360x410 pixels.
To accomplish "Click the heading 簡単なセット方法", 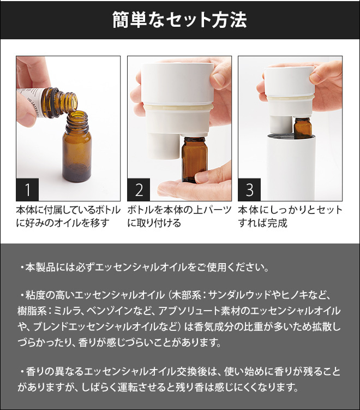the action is pos(180,20).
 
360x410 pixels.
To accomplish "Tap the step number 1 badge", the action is pos(27,189).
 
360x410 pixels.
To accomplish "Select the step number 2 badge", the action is pos(139,189).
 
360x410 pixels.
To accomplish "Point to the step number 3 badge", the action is pos(249,189).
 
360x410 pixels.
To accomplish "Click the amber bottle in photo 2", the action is pos(195,159).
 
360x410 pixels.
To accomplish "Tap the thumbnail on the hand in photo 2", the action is pos(217,79).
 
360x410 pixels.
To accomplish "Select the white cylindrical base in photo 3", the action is pos(292,168).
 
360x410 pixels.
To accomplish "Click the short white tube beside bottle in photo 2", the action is pos(164,145).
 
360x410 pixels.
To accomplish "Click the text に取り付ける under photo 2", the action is pos(154,223).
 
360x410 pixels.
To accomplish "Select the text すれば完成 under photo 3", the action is pos(262,223).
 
